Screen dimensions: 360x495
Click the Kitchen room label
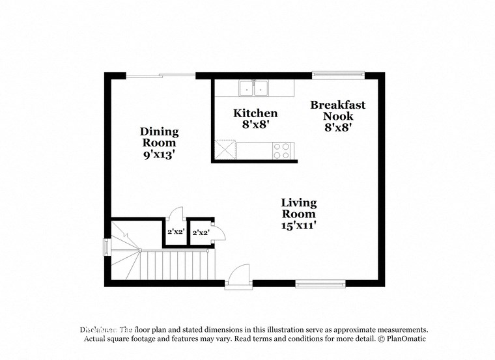[255, 113]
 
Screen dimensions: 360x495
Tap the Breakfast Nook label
[337, 110]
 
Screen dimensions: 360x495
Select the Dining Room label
[159, 137]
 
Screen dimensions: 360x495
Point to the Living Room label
[298, 208]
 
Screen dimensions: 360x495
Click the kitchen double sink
[255, 88]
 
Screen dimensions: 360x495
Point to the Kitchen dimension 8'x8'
[255, 124]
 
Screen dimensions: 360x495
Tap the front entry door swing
[239, 274]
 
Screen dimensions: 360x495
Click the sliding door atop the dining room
[160, 76]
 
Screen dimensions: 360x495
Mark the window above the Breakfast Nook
[332, 75]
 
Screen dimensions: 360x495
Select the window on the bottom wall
[320, 283]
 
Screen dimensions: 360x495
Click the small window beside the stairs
[107, 247]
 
